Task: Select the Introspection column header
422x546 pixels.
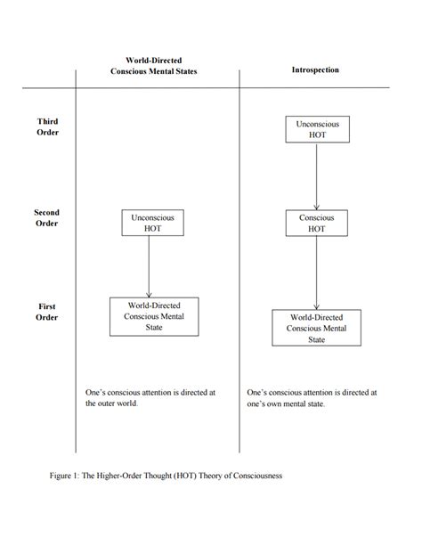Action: point(315,69)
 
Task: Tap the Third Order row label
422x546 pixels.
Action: point(48,126)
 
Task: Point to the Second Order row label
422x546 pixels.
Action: point(46,218)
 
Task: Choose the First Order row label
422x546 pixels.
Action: point(47,312)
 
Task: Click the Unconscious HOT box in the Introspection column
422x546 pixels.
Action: point(317,129)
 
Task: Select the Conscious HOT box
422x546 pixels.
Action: point(317,223)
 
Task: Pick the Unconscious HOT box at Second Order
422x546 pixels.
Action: point(152,222)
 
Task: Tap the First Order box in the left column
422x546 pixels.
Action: point(154,316)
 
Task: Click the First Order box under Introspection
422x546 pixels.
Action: point(317,328)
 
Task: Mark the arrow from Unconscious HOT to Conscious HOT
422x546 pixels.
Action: point(317,175)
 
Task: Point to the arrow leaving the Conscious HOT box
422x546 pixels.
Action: point(317,272)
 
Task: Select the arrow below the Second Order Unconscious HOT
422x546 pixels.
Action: point(149,265)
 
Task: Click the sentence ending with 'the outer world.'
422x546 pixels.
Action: point(150,397)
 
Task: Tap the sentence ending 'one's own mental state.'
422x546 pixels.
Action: point(312,397)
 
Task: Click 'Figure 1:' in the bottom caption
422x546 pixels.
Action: point(67,476)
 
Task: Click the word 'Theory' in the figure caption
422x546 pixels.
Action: point(210,476)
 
